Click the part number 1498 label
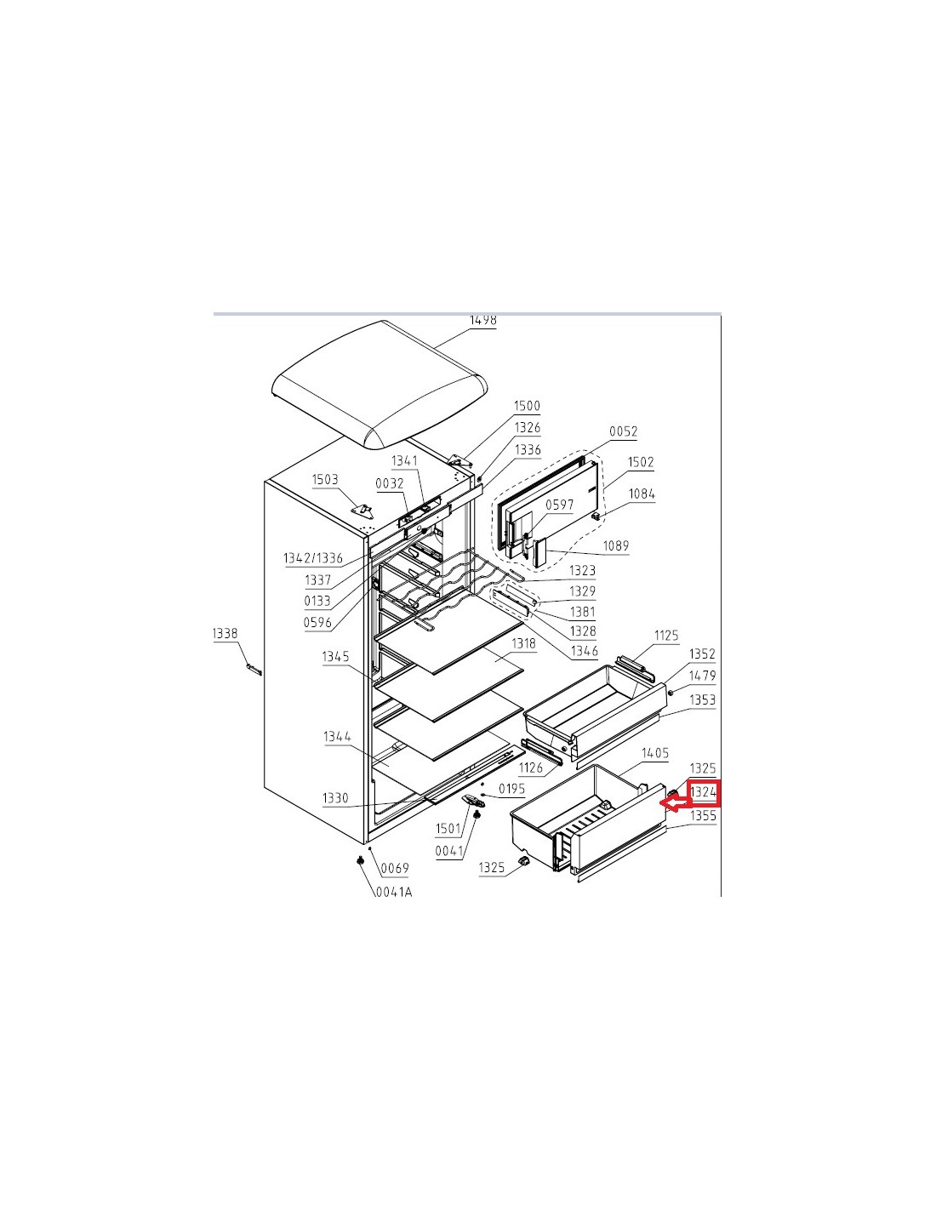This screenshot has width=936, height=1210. [x=482, y=320]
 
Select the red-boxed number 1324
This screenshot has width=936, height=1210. [x=703, y=791]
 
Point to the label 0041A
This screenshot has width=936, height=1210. [x=394, y=892]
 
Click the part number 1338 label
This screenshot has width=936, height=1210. [x=225, y=633]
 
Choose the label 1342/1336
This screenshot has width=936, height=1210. [x=313, y=558]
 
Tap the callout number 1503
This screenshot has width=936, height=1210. [x=324, y=479]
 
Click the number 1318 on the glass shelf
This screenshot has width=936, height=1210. [x=523, y=643]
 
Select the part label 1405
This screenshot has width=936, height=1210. [x=655, y=753]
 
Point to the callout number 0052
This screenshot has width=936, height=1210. [x=623, y=431]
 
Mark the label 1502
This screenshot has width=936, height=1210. [x=641, y=461]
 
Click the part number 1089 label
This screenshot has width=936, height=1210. [x=616, y=545]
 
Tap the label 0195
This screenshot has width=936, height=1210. [x=511, y=789]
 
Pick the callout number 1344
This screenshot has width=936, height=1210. [x=338, y=737]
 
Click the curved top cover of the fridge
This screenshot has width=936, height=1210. [x=380, y=385]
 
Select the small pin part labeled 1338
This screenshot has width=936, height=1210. [x=254, y=669]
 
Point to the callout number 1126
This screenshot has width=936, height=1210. [x=531, y=768]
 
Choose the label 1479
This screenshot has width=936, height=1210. [x=702, y=676]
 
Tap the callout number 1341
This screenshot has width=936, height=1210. [x=404, y=460]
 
